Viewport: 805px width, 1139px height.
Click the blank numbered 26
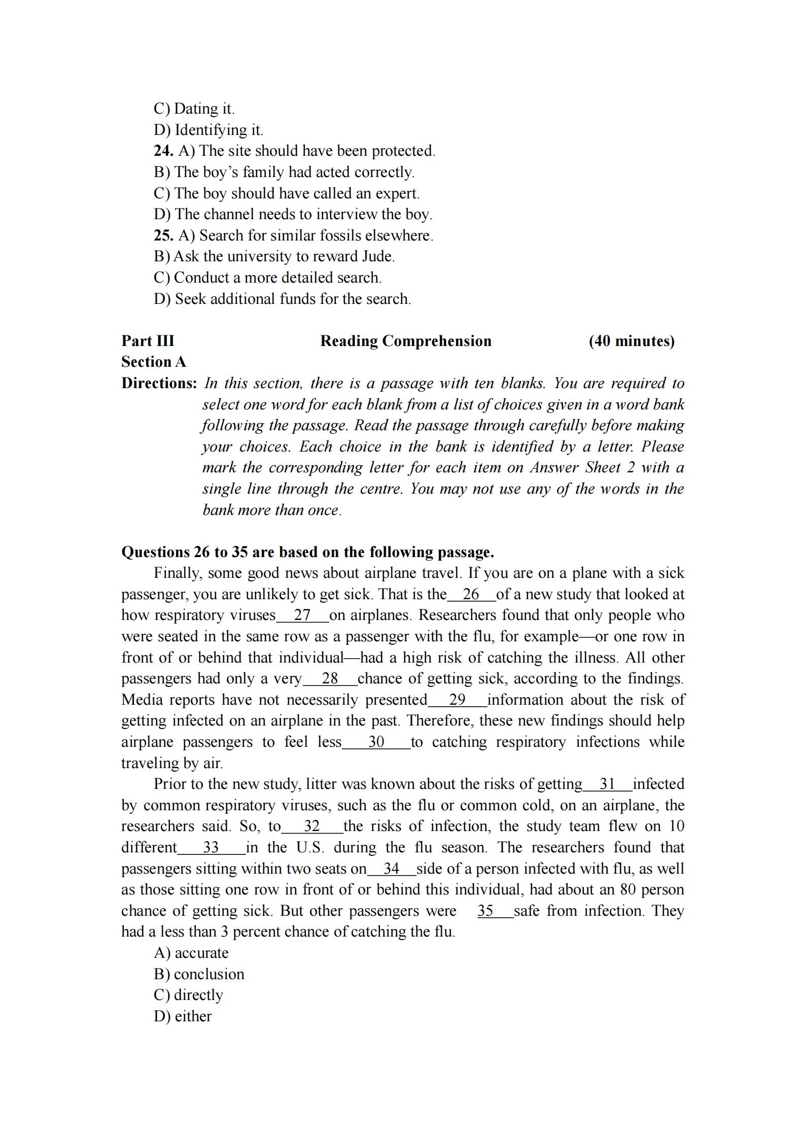point(471,594)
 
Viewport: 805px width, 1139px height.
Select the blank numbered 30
point(376,742)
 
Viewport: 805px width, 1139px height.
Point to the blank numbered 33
point(211,847)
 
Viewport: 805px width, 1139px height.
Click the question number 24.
point(163,151)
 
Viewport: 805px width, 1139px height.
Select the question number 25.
point(163,235)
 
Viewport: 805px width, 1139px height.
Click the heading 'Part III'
point(148,341)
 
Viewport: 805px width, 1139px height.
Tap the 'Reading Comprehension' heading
point(406,341)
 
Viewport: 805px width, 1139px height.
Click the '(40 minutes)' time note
point(632,341)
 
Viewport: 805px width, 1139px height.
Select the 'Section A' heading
point(154,362)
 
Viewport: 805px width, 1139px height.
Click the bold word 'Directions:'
point(159,383)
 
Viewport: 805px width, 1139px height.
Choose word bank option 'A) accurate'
point(191,953)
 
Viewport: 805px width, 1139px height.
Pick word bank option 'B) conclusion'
point(199,974)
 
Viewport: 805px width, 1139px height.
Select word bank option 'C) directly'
point(188,995)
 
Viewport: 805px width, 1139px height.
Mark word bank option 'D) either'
point(183,1016)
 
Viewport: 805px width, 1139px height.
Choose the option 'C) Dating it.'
point(194,109)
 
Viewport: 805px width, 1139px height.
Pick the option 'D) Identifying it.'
point(208,130)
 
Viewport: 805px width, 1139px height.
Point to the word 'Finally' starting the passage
point(178,573)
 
